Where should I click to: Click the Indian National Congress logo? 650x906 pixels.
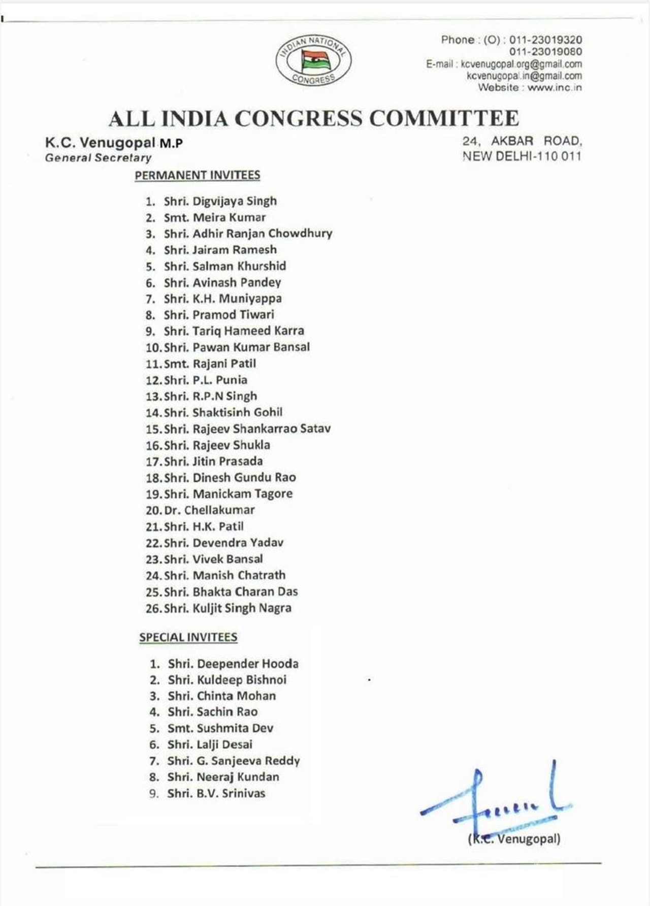pos(313,60)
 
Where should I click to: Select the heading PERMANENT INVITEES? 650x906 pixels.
pos(197,175)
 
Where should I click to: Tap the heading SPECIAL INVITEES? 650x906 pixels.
pos(188,637)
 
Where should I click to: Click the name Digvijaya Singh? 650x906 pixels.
pos(235,201)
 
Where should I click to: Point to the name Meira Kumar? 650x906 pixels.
pos(229,217)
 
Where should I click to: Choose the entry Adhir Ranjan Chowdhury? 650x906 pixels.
pos(262,234)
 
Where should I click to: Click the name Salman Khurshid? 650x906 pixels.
pos(239,266)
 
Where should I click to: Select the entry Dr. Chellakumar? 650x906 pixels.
pos(209,510)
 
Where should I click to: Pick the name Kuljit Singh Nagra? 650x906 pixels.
pos(242,608)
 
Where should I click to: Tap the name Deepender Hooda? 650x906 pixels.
pos(247,664)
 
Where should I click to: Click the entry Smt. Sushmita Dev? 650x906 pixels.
pos(220,728)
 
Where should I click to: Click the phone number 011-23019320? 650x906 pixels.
pos(545,40)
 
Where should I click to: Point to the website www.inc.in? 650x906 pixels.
pos(555,87)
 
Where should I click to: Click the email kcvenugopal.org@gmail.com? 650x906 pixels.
pos(521,64)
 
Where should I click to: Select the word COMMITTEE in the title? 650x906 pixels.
pos(444,118)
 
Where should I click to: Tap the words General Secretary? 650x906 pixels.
pos(98,158)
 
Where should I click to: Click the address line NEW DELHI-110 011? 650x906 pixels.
pos(522,156)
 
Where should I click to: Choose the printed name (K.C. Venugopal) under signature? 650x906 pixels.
pos(514,839)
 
